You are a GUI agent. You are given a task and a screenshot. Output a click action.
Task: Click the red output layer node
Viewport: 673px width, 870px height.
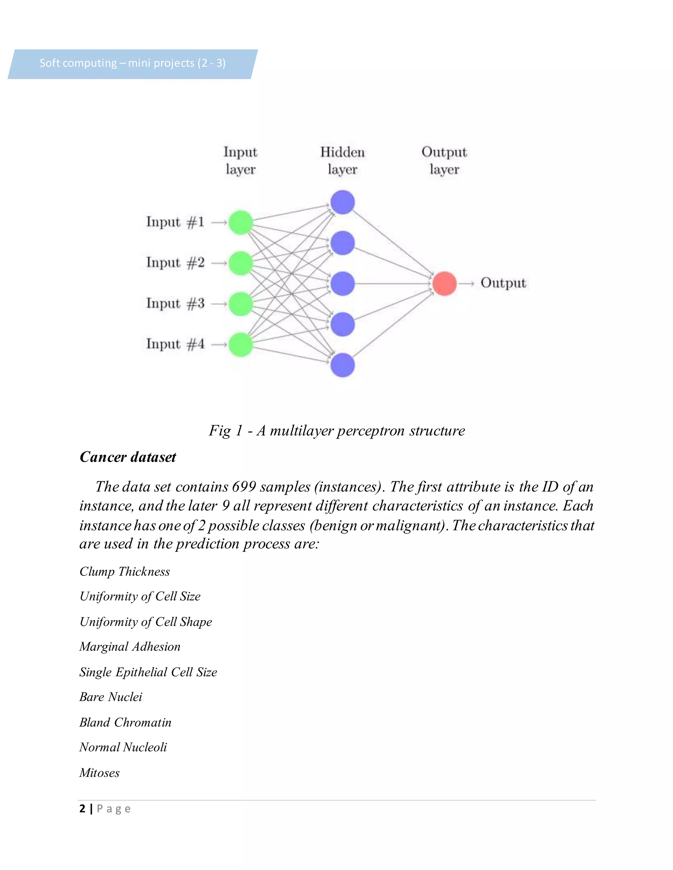click(x=444, y=284)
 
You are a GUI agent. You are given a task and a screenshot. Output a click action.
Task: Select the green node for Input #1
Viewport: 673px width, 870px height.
click(x=241, y=222)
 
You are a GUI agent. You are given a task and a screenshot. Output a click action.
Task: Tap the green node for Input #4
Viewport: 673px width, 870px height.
click(x=241, y=345)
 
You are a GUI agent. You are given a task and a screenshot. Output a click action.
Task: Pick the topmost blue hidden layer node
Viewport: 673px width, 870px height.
click(x=342, y=202)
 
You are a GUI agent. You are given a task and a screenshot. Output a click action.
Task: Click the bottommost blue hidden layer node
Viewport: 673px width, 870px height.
click(x=342, y=365)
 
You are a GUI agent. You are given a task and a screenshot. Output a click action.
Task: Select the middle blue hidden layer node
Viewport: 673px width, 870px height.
click(x=342, y=284)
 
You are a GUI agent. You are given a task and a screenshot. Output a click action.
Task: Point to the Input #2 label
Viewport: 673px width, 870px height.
click(x=175, y=263)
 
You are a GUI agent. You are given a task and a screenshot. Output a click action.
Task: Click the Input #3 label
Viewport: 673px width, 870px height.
click(x=175, y=304)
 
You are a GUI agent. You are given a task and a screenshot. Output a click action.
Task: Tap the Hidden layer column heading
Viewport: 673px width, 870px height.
click(x=342, y=161)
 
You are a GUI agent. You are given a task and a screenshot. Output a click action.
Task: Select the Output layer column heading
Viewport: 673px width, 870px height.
click(x=444, y=161)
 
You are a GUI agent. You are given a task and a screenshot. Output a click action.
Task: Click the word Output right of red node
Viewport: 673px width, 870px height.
click(x=503, y=283)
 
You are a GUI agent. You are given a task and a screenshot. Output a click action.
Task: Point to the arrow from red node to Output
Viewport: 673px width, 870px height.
click(x=466, y=284)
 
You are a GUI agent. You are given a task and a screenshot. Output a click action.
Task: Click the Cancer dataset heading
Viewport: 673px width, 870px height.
click(x=128, y=457)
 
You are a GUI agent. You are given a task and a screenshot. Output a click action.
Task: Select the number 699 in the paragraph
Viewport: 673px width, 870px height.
click(x=244, y=487)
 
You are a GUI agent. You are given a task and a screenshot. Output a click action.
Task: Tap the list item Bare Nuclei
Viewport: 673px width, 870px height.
click(x=110, y=697)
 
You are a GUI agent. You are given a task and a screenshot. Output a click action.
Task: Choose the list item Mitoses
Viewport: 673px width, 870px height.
click(x=99, y=773)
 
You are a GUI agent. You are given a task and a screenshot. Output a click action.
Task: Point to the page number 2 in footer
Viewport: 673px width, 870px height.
click(x=82, y=808)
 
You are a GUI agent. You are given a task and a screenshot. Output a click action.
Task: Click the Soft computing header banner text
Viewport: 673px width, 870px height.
click(x=132, y=63)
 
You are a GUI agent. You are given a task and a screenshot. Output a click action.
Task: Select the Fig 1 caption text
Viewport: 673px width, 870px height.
click(x=336, y=431)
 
